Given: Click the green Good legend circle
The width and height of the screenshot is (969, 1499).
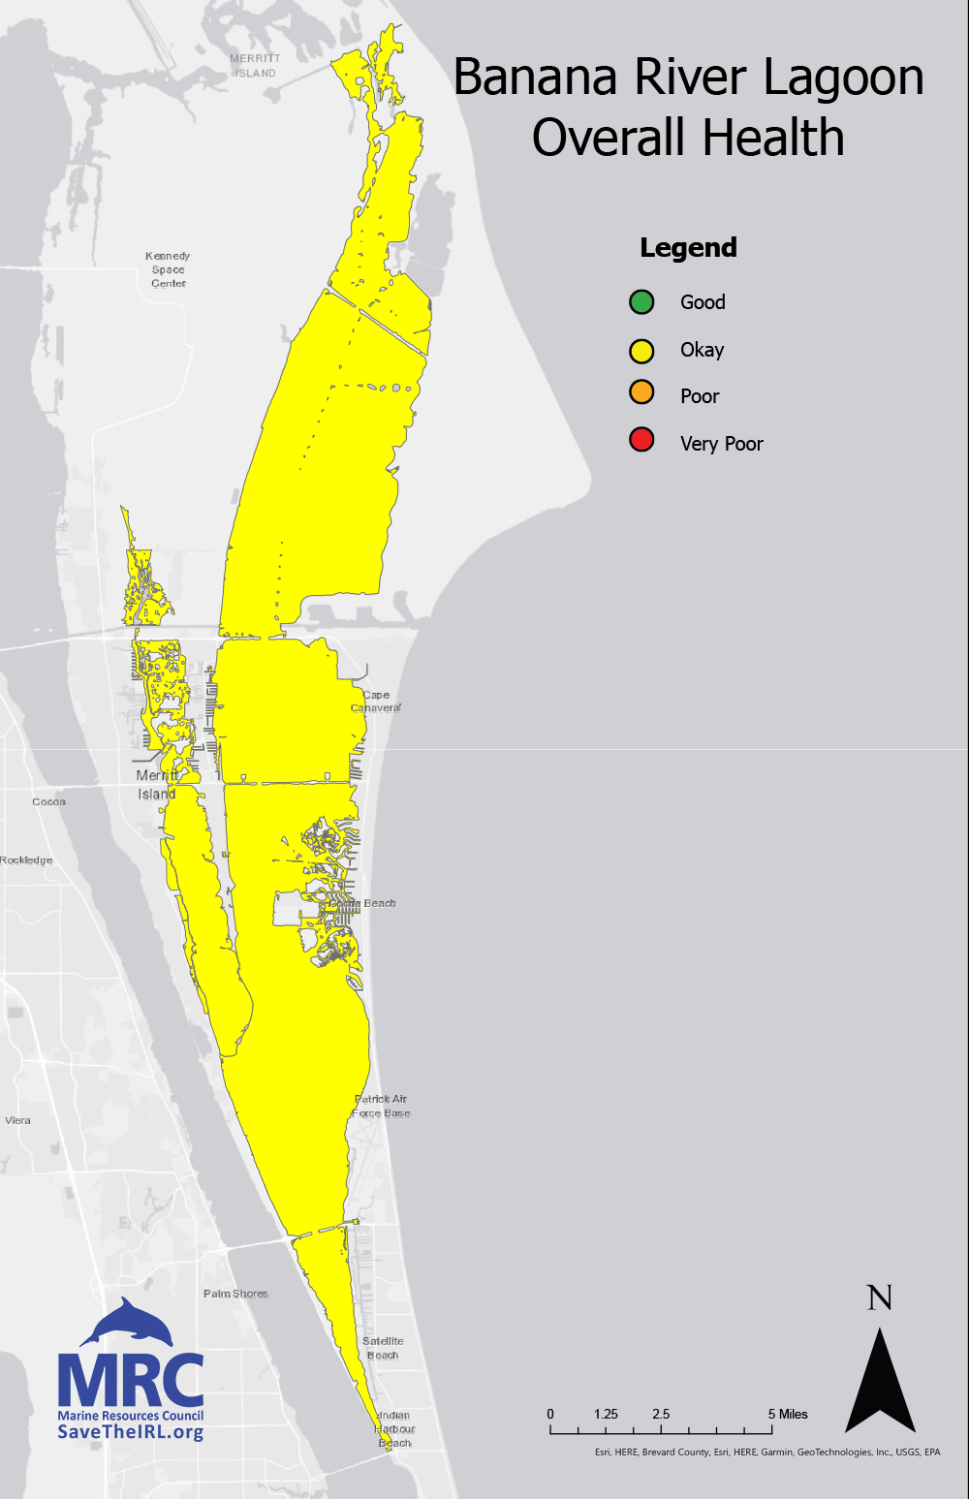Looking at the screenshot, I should pyautogui.click(x=641, y=302).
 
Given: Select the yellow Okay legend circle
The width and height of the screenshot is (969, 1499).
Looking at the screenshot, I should pyautogui.click(x=641, y=350).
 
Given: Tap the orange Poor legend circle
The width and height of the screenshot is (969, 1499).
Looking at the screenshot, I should pyautogui.click(x=641, y=393).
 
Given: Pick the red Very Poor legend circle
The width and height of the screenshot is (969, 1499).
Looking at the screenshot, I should pyautogui.click(x=641, y=441).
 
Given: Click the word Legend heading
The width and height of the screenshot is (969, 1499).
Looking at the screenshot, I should pyautogui.click(x=688, y=248).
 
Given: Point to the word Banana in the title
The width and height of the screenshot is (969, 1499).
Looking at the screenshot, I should pyautogui.click(x=535, y=78).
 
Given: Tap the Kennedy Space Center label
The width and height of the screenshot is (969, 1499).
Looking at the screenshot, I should pyautogui.click(x=168, y=269).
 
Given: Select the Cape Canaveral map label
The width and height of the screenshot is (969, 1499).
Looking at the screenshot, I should pyautogui.click(x=376, y=702).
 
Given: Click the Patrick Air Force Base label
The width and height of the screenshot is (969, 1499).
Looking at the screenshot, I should pyautogui.click(x=381, y=1106).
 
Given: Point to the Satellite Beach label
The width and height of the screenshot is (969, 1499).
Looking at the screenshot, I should pyautogui.click(x=383, y=1348).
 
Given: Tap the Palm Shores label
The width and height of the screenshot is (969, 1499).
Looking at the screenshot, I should pyautogui.click(x=235, y=1294).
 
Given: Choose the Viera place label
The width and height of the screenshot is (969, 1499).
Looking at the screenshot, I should pyautogui.click(x=17, y=1120).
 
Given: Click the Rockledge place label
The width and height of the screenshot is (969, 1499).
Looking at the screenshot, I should pyautogui.click(x=26, y=860).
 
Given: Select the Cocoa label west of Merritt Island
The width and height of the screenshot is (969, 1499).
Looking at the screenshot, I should pyautogui.click(x=48, y=802).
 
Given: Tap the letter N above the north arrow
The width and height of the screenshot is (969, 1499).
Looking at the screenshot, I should pyautogui.click(x=879, y=1298).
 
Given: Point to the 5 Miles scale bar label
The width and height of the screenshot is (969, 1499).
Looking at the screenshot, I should pyautogui.click(x=788, y=1414).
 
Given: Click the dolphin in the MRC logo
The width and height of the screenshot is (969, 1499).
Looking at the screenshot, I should pyautogui.click(x=128, y=1323).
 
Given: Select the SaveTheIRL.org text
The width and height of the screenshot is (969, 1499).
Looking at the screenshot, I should pyautogui.click(x=130, y=1432).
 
